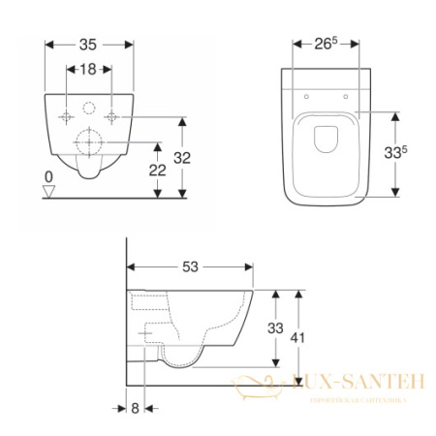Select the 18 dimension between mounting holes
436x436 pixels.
click(x=90, y=70)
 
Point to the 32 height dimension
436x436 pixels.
click(x=195, y=156)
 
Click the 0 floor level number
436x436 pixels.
click(x=48, y=176)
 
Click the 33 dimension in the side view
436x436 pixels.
click(x=275, y=328)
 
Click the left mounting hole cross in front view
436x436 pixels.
click(x=66, y=116)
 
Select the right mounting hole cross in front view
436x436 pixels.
click(x=113, y=116)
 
